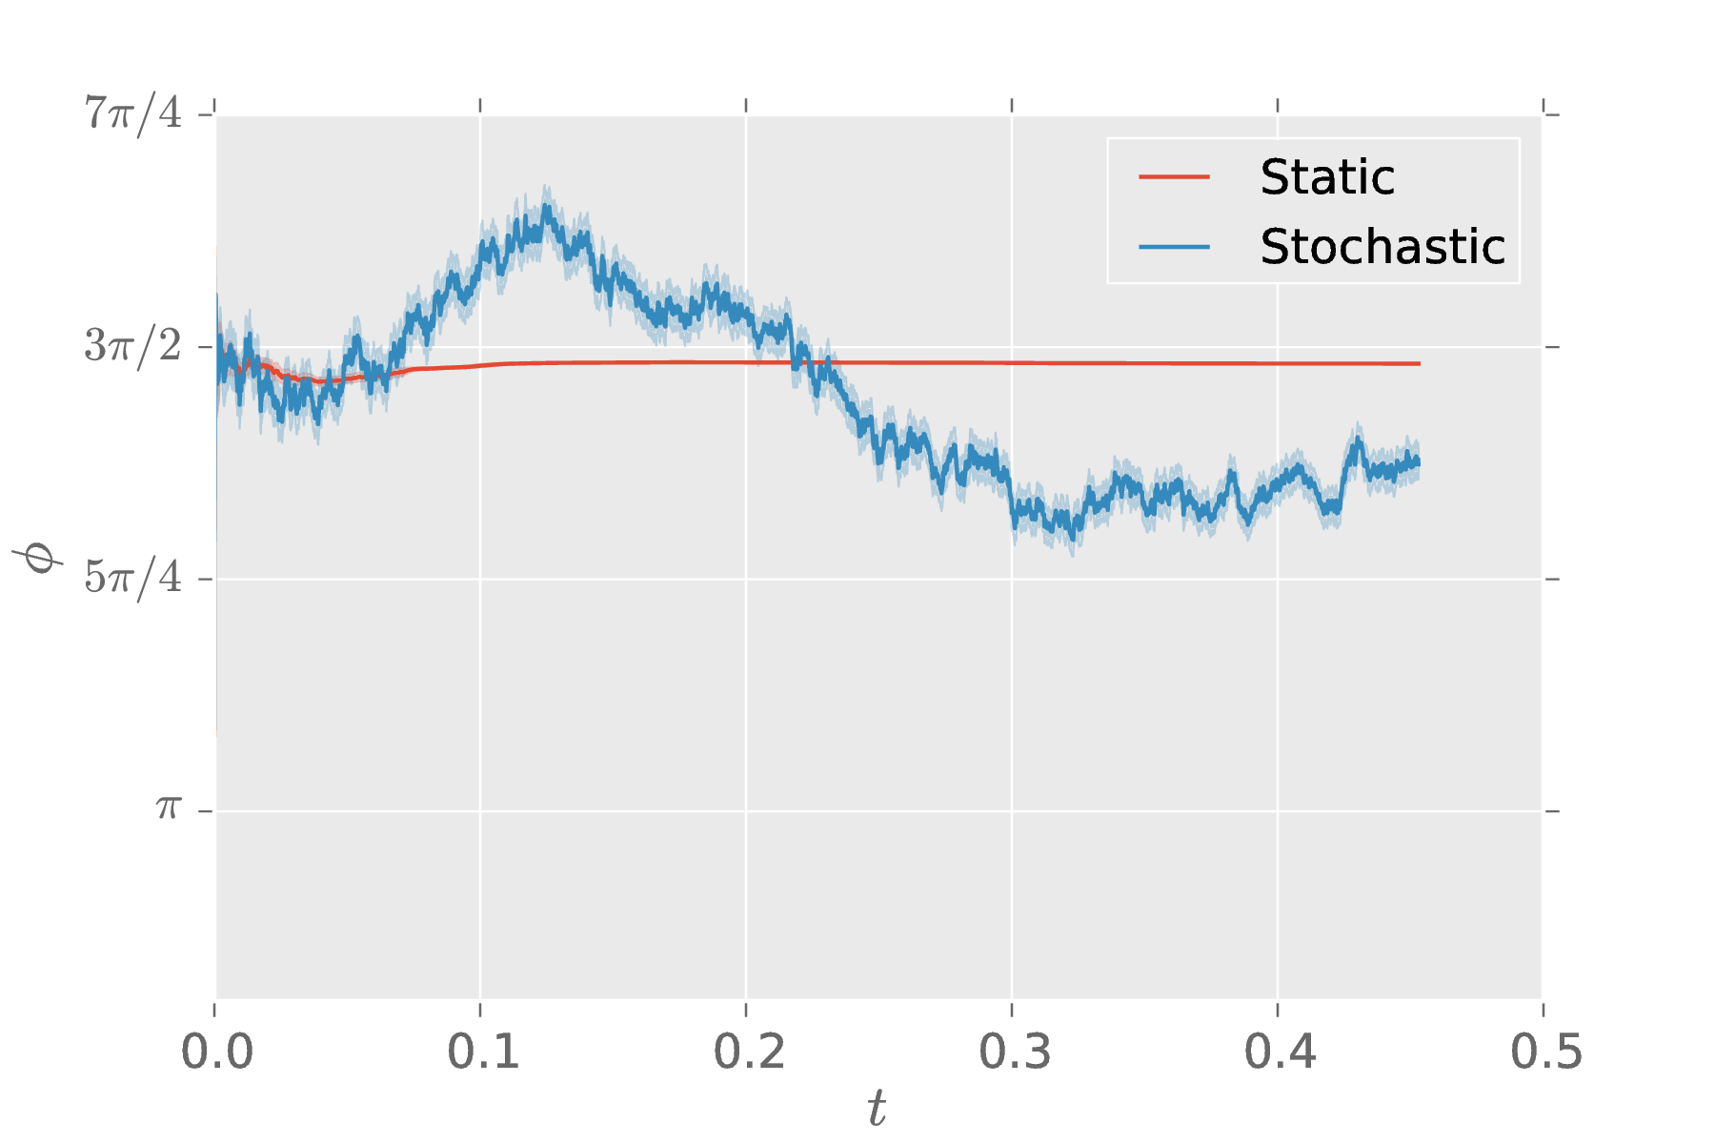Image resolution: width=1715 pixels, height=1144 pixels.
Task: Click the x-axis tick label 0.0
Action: [x=216, y=1052]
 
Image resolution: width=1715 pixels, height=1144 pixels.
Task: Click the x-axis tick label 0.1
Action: [x=482, y=1052]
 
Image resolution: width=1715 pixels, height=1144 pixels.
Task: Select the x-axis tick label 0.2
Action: [x=748, y=1052]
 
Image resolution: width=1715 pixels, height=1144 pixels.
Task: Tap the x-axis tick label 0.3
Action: [x=1014, y=1052]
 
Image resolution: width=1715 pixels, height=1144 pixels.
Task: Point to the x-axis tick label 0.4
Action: [x=1280, y=1052]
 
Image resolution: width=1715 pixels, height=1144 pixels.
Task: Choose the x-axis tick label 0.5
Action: [x=1545, y=1052]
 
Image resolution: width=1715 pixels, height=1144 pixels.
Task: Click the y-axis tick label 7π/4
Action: [x=133, y=114]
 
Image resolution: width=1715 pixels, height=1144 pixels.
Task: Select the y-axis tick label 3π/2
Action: [x=133, y=346]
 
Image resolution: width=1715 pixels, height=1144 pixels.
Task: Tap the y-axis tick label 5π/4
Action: [x=133, y=578]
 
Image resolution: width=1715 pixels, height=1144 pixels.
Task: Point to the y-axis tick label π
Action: [x=169, y=809]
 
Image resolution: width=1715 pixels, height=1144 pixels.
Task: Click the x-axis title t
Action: [x=877, y=1109]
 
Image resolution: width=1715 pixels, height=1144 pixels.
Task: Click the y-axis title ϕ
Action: [x=38, y=556]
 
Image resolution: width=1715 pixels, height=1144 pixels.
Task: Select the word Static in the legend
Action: [x=1326, y=177]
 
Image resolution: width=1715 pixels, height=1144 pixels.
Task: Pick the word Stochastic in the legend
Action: [x=1382, y=247]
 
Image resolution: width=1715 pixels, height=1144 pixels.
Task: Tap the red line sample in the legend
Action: [x=1174, y=177]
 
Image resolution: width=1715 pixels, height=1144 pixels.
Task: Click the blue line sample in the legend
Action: [x=1174, y=247]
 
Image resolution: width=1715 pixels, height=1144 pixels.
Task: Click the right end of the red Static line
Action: [x=1420, y=364]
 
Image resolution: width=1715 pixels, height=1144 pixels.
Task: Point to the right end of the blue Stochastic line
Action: [x=1420, y=462]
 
